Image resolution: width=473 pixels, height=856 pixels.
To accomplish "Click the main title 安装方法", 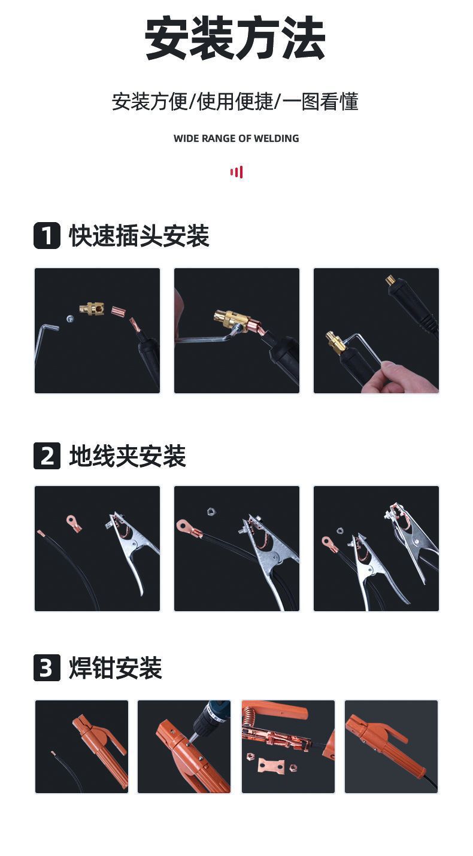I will (235, 39).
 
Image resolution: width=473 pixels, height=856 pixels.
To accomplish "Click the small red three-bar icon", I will (236, 172).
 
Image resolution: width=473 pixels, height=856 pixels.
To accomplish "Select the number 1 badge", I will (47, 235).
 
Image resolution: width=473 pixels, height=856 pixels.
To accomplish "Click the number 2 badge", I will (47, 456).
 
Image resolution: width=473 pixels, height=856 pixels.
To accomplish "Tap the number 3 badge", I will (47, 668).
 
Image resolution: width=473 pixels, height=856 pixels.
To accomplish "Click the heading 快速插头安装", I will (139, 236).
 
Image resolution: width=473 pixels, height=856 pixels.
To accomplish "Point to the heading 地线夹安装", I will (128, 456).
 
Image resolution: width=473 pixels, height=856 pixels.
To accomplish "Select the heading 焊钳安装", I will (116, 668).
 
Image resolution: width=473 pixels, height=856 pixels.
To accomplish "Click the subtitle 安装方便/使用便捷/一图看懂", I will (235, 102).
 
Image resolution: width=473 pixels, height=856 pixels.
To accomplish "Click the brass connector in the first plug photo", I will (92, 309).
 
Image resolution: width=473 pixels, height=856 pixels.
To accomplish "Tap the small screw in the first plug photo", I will (71, 319).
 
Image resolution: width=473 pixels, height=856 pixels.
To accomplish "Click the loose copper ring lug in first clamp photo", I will (74, 523).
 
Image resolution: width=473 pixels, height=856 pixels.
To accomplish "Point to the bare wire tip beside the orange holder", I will (53, 753).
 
